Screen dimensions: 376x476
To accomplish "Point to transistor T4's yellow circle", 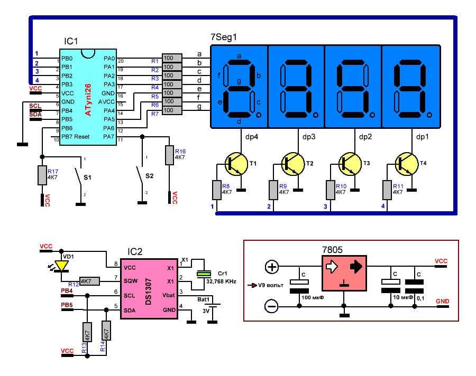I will (407, 164).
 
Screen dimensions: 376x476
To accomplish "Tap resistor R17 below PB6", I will (42, 175).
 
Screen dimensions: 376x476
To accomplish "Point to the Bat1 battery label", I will (205, 299).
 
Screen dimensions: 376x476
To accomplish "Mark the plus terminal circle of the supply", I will (272, 267).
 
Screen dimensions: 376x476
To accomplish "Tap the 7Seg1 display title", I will (224, 38).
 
